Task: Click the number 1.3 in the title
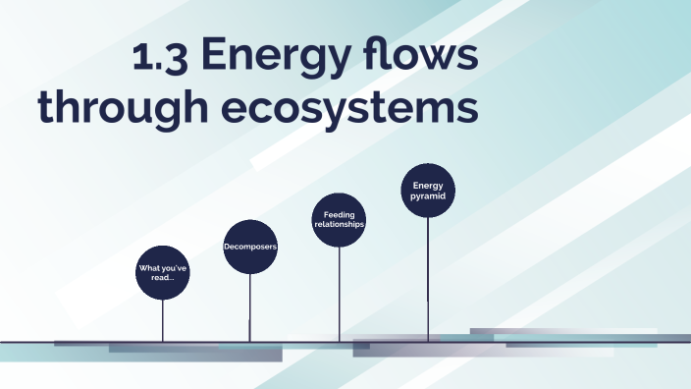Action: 161,58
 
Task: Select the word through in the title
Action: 115,108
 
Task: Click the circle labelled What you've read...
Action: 162,271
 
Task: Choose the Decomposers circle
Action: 250,246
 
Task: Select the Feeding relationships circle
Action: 339,219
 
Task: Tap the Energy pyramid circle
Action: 428,190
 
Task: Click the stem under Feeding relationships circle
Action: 339,295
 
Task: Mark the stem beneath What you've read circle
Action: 162,319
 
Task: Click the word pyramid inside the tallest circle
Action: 428,195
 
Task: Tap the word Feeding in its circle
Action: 339,214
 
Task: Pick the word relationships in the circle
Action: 339,224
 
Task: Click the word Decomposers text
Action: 250,246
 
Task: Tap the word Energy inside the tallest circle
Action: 428,185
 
